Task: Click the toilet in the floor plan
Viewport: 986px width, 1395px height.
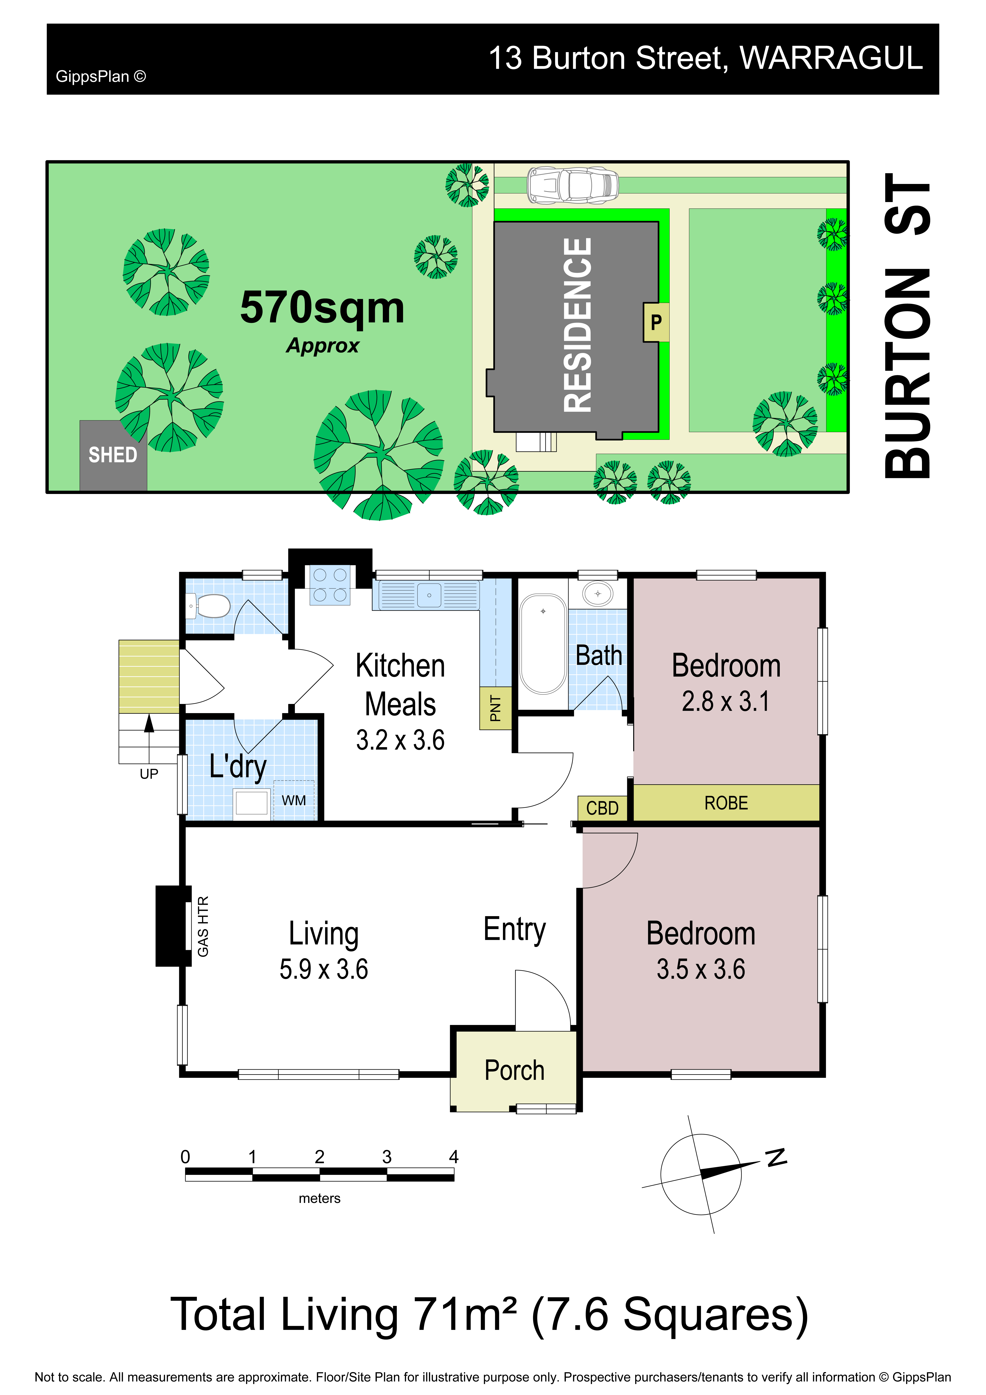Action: pyautogui.click(x=210, y=606)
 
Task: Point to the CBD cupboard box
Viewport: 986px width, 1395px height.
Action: pyautogui.click(x=602, y=808)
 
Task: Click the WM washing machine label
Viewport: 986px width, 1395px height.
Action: pyautogui.click(x=293, y=800)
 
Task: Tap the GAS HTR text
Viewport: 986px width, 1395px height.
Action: pyautogui.click(x=203, y=926)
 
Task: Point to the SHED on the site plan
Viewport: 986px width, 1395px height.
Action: pyautogui.click(x=113, y=455)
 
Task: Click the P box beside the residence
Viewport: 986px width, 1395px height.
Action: pyautogui.click(x=656, y=322)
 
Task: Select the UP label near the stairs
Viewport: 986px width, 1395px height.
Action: pyautogui.click(x=149, y=774)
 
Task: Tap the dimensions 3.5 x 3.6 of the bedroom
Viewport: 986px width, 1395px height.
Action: pyautogui.click(x=700, y=969)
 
